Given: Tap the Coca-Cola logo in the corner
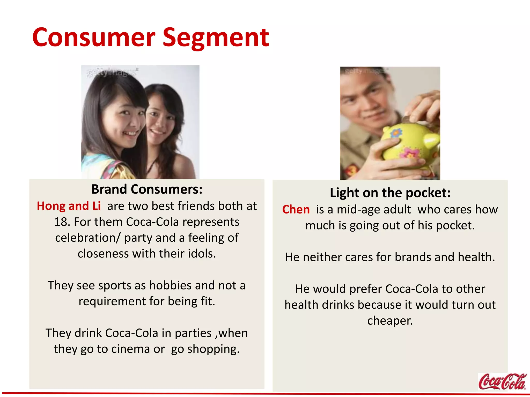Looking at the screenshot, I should pyautogui.click(x=502, y=381).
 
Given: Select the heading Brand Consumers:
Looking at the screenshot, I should pyautogui.click(x=147, y=189).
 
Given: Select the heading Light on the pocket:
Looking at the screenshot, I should pyautogui.click(x=390, y=193).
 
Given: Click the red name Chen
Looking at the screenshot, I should pyautogui.click(x=296, y=209).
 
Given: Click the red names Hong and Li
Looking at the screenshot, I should pyautogui.click(x=69, y=206).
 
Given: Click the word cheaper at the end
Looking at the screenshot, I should pyautogui.click(x=390, y=321).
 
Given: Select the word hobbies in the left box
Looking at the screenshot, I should pyautogui.click(x=170, y=286).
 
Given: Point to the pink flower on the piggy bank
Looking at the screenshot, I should pyautogui.click(x=410, y=153).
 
